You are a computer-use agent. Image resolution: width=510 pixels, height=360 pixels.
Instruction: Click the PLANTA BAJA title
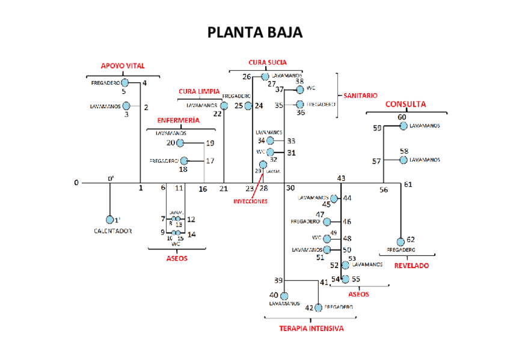[x=255, y=32]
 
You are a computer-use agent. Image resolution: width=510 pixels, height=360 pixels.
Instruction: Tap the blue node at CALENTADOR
[x=110, y=219]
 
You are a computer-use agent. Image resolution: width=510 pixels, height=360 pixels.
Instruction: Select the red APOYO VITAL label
[x=123, y=66]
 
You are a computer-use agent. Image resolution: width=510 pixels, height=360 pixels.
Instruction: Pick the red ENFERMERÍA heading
[x=179, y=120]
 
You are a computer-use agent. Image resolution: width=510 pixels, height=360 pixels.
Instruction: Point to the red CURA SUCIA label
[x=268, y=62]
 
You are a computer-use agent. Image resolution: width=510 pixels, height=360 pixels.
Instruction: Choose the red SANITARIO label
[x=361, y=96]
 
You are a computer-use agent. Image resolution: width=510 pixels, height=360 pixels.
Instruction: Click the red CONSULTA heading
[x=405, y=104]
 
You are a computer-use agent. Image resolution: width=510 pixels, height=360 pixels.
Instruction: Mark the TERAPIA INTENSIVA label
[x=312, y=329]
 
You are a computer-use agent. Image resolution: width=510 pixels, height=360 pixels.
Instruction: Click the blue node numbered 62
[x=401, y=242]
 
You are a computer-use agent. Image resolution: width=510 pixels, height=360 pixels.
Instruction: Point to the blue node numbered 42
[x=318, y=307]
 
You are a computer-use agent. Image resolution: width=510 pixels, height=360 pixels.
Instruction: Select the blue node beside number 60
[x=403, y=126]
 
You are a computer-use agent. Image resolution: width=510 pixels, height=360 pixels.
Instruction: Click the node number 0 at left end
[x=76, y=182]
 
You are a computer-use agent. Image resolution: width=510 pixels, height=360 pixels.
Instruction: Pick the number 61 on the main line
[x=408, y=184]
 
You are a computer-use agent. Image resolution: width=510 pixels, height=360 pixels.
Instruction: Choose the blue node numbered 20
[x=179, y=143]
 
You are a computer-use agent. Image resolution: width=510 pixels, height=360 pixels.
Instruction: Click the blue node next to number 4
[x=125, y=82]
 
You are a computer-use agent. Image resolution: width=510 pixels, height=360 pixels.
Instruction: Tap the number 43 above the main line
[x=341, y=178]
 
